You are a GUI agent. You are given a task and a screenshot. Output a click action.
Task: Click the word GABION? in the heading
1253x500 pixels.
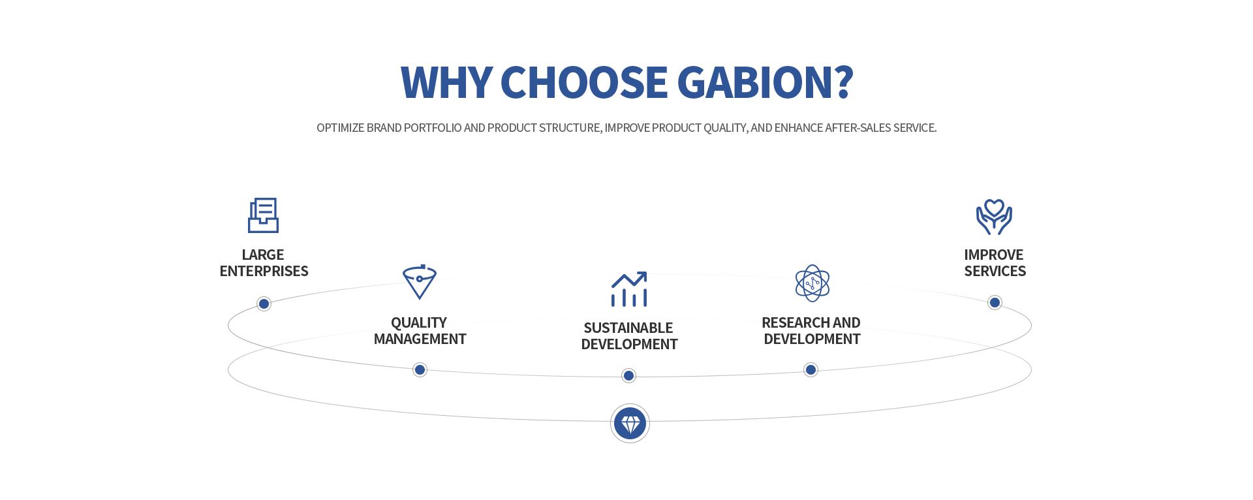765,82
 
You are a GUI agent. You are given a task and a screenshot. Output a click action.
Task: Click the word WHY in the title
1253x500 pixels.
446,82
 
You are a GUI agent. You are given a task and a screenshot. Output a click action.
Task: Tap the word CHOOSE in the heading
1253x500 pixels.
584,82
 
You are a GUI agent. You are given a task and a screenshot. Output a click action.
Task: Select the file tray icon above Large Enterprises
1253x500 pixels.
264,215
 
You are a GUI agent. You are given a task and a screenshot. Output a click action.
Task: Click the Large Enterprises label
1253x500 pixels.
264,263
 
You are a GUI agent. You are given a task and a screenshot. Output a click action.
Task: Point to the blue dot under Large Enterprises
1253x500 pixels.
264,304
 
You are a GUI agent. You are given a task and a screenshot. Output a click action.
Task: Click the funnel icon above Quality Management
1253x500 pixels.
420,282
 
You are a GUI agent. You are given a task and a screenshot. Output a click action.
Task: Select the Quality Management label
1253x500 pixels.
420,331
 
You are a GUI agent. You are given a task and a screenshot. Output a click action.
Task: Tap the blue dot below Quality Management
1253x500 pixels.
420,370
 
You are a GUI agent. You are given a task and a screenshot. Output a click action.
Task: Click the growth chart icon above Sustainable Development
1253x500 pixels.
629,289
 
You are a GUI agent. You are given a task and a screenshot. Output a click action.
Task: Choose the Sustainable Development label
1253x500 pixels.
629,336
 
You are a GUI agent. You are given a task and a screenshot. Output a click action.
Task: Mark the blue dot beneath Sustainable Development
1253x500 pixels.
628,376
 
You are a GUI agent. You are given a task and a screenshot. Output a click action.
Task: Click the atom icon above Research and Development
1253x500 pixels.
812,283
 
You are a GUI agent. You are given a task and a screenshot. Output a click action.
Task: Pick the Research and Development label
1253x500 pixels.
811,331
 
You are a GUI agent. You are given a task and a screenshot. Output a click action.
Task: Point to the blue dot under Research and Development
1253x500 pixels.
811,370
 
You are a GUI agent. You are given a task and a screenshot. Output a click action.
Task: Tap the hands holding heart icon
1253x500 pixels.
994,217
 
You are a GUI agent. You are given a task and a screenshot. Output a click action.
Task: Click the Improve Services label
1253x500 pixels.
995,263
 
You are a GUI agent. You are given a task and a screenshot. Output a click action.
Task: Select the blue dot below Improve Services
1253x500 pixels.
995,302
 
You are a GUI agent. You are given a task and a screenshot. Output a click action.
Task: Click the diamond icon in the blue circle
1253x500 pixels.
630,424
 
